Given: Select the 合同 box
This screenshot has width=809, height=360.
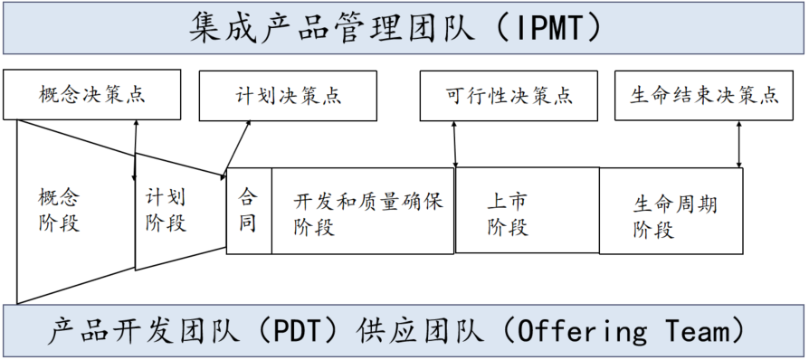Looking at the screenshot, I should [248, 210].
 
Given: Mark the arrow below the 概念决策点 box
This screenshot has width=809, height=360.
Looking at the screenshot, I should [136, 136].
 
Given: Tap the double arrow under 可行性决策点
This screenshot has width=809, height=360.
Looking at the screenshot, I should [455, 143].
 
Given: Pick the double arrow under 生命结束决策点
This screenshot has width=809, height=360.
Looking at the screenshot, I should [739, 143].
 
